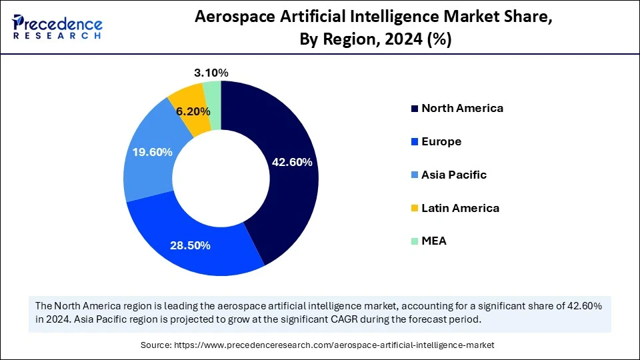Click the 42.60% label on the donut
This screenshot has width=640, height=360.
click(292, 162)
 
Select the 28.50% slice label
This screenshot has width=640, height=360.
click(190, 245)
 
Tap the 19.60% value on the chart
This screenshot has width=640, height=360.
click(153, 152)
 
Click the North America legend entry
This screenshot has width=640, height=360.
click(461, 108)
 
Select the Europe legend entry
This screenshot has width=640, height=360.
click(441, 141)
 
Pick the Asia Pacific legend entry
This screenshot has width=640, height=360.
click(453, 175)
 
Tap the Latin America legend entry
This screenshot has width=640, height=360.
click(459, 208)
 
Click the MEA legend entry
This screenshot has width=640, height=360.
click(433, 241)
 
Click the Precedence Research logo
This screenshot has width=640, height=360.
click(57, 27)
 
